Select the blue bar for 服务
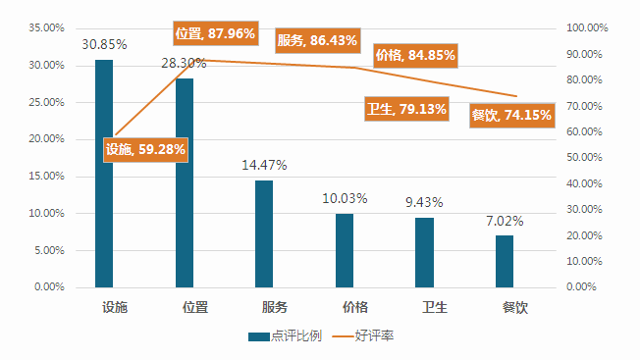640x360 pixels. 264,234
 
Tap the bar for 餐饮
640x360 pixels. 505,261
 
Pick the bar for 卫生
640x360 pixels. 424,252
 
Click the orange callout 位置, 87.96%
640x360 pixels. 216,33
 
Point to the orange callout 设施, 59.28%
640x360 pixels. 145,150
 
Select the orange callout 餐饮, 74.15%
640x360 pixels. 511,115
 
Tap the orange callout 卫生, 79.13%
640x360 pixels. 407,109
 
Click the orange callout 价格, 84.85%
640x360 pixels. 415,55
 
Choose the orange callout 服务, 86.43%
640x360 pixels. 318,40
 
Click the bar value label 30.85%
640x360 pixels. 104,44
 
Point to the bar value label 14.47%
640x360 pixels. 264,165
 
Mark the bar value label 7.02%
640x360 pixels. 505,221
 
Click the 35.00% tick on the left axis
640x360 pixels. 46,27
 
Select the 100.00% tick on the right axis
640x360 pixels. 587,27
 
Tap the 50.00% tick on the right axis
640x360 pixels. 584,157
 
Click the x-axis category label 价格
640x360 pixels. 355,307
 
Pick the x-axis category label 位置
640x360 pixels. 195,307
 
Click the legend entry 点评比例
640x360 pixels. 286,335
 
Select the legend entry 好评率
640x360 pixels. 363,335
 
